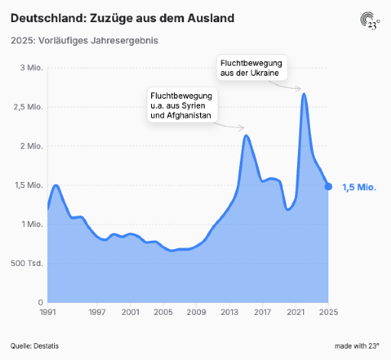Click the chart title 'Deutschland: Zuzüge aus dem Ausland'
[x=122, y=18]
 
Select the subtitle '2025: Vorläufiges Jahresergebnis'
[x=84, y=41]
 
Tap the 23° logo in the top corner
[x=370, y=21]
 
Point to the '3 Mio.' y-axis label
[x=31, y=68]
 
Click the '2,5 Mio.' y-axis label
[x=28, y=107]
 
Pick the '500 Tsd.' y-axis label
[x=27, y=263]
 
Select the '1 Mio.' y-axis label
[x=32, y=224]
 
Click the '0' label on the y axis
[x=40, y=303]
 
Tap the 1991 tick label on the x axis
[x=48, y=312]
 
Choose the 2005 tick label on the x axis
[x=163, y=312]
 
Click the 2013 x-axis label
[x=229, y=312]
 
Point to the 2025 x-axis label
[x=328, y=312]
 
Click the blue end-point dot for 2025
[x=328, y=186]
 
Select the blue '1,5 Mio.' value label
[x=359, y=187]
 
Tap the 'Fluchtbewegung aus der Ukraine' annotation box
[x=252, y=68]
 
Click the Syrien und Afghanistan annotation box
[x=183, y=105]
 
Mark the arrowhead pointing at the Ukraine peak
[x=299, y=89]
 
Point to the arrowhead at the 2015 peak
[x=242, y=128]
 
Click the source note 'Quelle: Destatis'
[x=34, y=346]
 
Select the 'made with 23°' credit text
[x=357, y=346]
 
